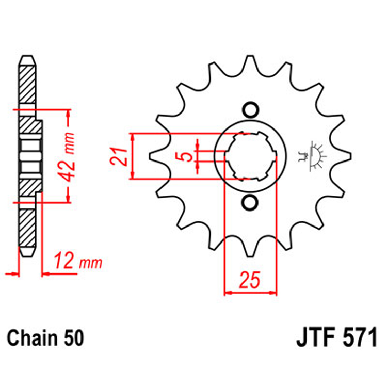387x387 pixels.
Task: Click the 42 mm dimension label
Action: coord(68,156)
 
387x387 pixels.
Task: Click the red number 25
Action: coord(250,281)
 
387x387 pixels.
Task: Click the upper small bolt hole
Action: coord(250,110)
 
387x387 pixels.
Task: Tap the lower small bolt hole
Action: coord(250,203)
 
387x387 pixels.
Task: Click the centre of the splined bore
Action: coord(250,156)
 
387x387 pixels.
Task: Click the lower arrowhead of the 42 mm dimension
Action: coord(68,199)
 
